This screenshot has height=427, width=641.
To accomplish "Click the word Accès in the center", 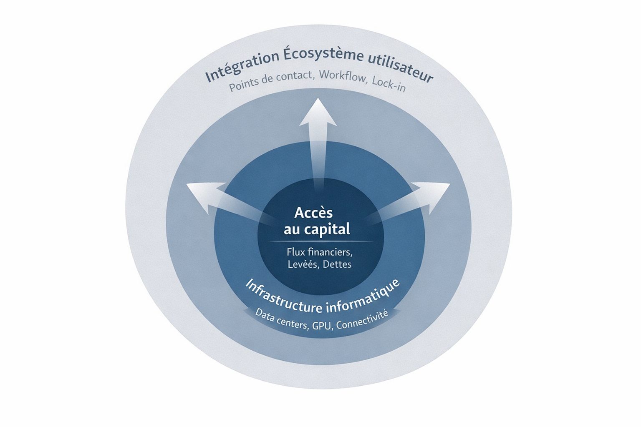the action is click(314, 213).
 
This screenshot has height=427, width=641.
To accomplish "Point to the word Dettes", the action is click(337, 264).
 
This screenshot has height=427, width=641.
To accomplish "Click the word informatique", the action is click(364, 297).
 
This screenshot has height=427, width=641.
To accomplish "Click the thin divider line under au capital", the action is click(321, 242).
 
